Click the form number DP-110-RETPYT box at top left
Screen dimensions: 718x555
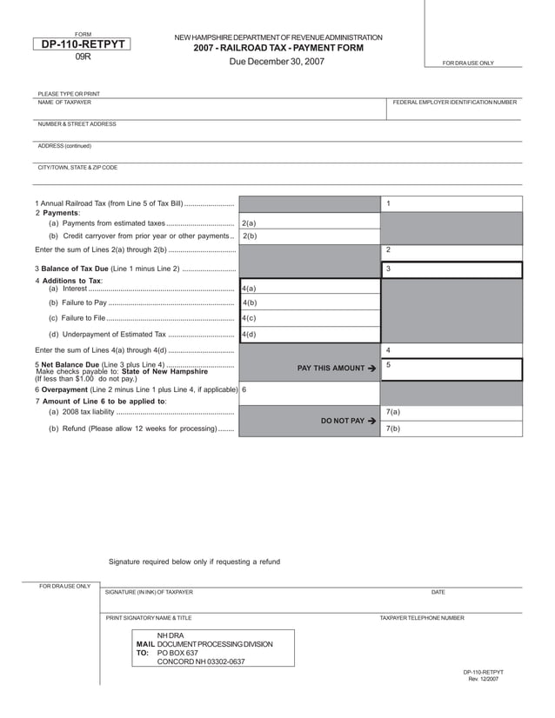pyautogui.click(x=83, y=44)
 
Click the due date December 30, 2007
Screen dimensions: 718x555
pyautogui.click(x=277, y=62)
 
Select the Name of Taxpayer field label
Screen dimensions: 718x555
pyautogui.click(x=64, y=103)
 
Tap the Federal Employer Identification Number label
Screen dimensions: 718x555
pyautogui.click(x=454, y=103)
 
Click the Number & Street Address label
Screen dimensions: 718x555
pyautogui.click(x=77, y=124)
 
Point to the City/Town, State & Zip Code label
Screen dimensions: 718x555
pyautogui.click(x=77, y=167)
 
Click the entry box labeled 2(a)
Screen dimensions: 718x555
pyautogui.click(x=310, y=223)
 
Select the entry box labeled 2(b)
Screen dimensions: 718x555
pyautogui.click(x=310, y=236)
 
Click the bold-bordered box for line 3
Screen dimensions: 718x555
pyautogui.click(x=451, y=269)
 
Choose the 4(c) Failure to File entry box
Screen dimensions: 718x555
pyautogui.click(x=310, y=318)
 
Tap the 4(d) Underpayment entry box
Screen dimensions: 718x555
pyautogui.click(x=310, y=334)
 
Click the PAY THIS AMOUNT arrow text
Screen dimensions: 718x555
pyautogui.click(x=336, y=369)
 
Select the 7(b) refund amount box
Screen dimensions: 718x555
pyautogui.click(x=451, y=429)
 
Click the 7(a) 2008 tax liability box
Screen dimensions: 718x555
pyautogui.click(x=451, y=412)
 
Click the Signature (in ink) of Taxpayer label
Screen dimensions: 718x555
pyautogui.click(x=149, y=592)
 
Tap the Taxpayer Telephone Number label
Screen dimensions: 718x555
pyautogui.click(x=421, y=618)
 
